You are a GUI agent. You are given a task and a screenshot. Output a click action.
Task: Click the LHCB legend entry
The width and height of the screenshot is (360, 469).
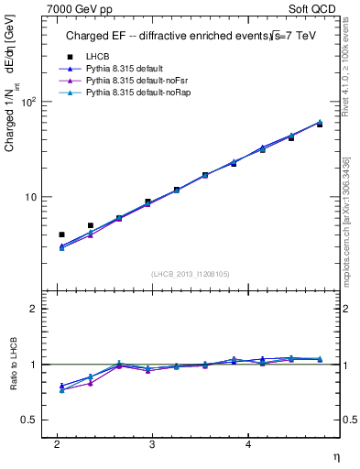[x=96, y=57]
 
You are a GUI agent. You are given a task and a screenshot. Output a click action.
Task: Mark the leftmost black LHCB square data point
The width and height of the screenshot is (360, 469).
[x=61, y=234]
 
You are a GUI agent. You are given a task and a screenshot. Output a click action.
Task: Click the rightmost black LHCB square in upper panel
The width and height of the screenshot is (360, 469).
[x=319, y=124]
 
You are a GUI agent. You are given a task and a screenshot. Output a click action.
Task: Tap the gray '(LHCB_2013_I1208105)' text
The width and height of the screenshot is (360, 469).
[x=190, y=273]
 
